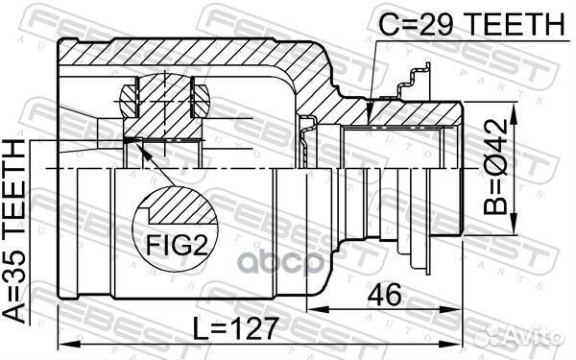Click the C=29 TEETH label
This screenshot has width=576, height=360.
coord(471,24)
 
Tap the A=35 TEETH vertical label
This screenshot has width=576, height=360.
coord(14,231)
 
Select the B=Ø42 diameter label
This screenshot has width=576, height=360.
coord(495,167)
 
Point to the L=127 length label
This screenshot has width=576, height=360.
coord(235,327)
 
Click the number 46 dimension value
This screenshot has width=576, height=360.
coord(384,295)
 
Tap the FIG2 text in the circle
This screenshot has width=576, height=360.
coord(177,245)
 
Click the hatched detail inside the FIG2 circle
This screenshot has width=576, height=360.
coord(182,205)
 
